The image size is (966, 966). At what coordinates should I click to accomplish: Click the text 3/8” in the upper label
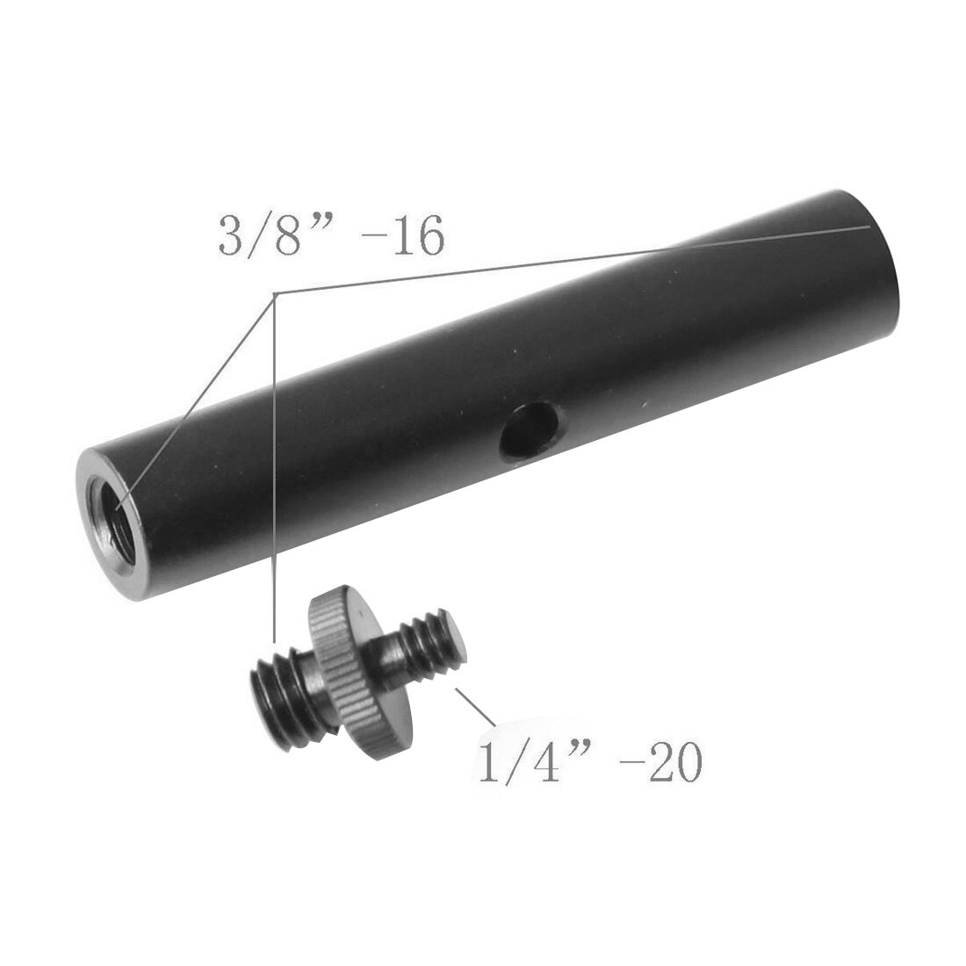[263, 237]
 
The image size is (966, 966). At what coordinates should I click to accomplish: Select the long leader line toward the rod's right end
[571, 259]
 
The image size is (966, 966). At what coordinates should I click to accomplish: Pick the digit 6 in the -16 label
[427, 237]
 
